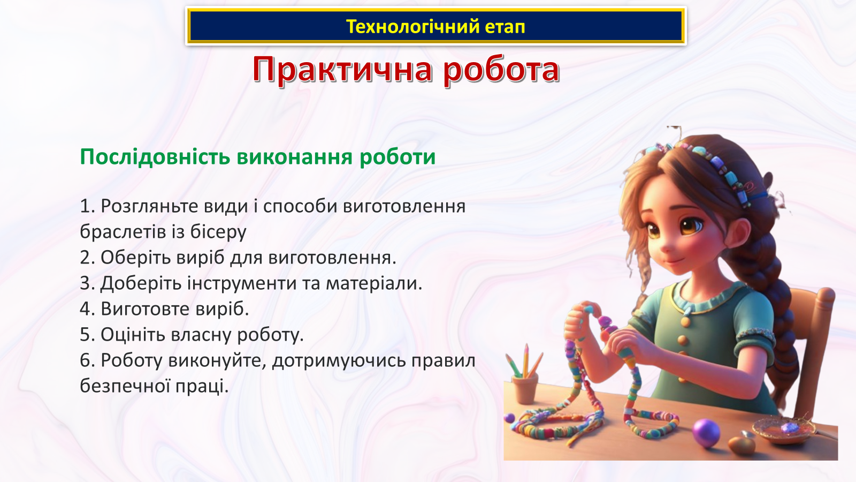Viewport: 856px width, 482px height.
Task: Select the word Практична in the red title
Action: pyautogui.click(x=342, y=70)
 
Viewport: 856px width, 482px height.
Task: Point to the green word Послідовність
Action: pyautogui.click(x=155, y=157)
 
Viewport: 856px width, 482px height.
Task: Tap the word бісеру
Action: pyautogui.click(x=218, y=232)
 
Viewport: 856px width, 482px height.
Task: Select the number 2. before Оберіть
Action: pyautogui.click(x=87, y=258)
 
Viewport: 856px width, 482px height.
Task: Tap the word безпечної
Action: pyautogui.click(x=125, y=386)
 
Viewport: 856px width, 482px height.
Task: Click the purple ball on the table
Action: pyautogui.click(x=706, y=432)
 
